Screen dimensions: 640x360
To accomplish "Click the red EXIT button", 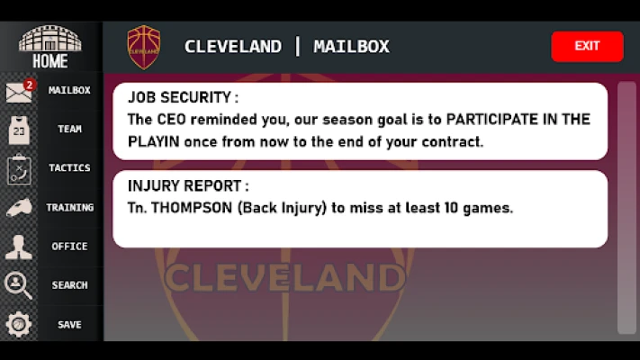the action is (x=587, y=47).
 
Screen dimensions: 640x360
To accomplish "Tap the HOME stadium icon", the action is (x=50, y=38).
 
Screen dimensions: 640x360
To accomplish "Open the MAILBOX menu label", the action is (x=69, y=90).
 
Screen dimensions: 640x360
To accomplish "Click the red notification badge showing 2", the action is (x=29, y=85).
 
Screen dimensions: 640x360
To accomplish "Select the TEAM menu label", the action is (x=69, y=129).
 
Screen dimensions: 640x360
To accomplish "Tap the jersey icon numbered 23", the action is (x=19, y=130).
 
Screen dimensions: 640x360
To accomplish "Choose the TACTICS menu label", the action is (x=69, y=167).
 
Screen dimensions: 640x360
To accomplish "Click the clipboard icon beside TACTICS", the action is (x=19, y=169).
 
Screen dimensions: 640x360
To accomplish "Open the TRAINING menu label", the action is (x=70, y=207).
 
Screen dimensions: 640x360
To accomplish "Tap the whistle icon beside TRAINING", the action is (x=19, y=207).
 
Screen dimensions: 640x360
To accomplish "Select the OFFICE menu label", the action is (x=69, y=246).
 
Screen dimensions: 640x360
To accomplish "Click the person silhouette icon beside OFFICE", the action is (x=18, y=247).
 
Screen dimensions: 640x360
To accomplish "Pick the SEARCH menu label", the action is (x=69, y=285).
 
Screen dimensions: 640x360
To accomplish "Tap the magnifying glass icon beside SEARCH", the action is (x=18, y=285).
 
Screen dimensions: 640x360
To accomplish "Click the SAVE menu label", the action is (x=69, y=325).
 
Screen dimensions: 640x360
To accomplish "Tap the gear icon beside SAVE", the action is (x=18, y=324).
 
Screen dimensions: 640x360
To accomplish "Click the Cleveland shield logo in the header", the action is (x=144, y=47).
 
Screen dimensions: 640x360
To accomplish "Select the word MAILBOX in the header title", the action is (x=351, y=47).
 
